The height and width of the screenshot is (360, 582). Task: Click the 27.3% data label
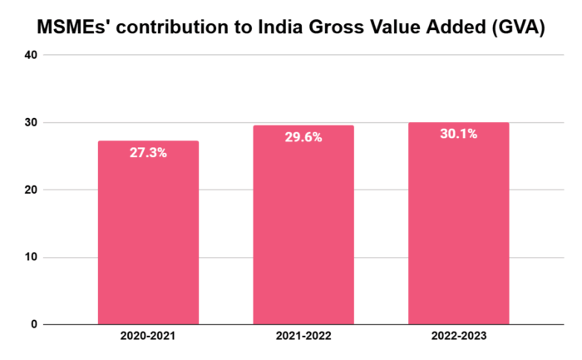148,153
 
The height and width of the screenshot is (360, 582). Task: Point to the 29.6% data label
303,138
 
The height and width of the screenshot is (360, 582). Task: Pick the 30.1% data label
458,134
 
